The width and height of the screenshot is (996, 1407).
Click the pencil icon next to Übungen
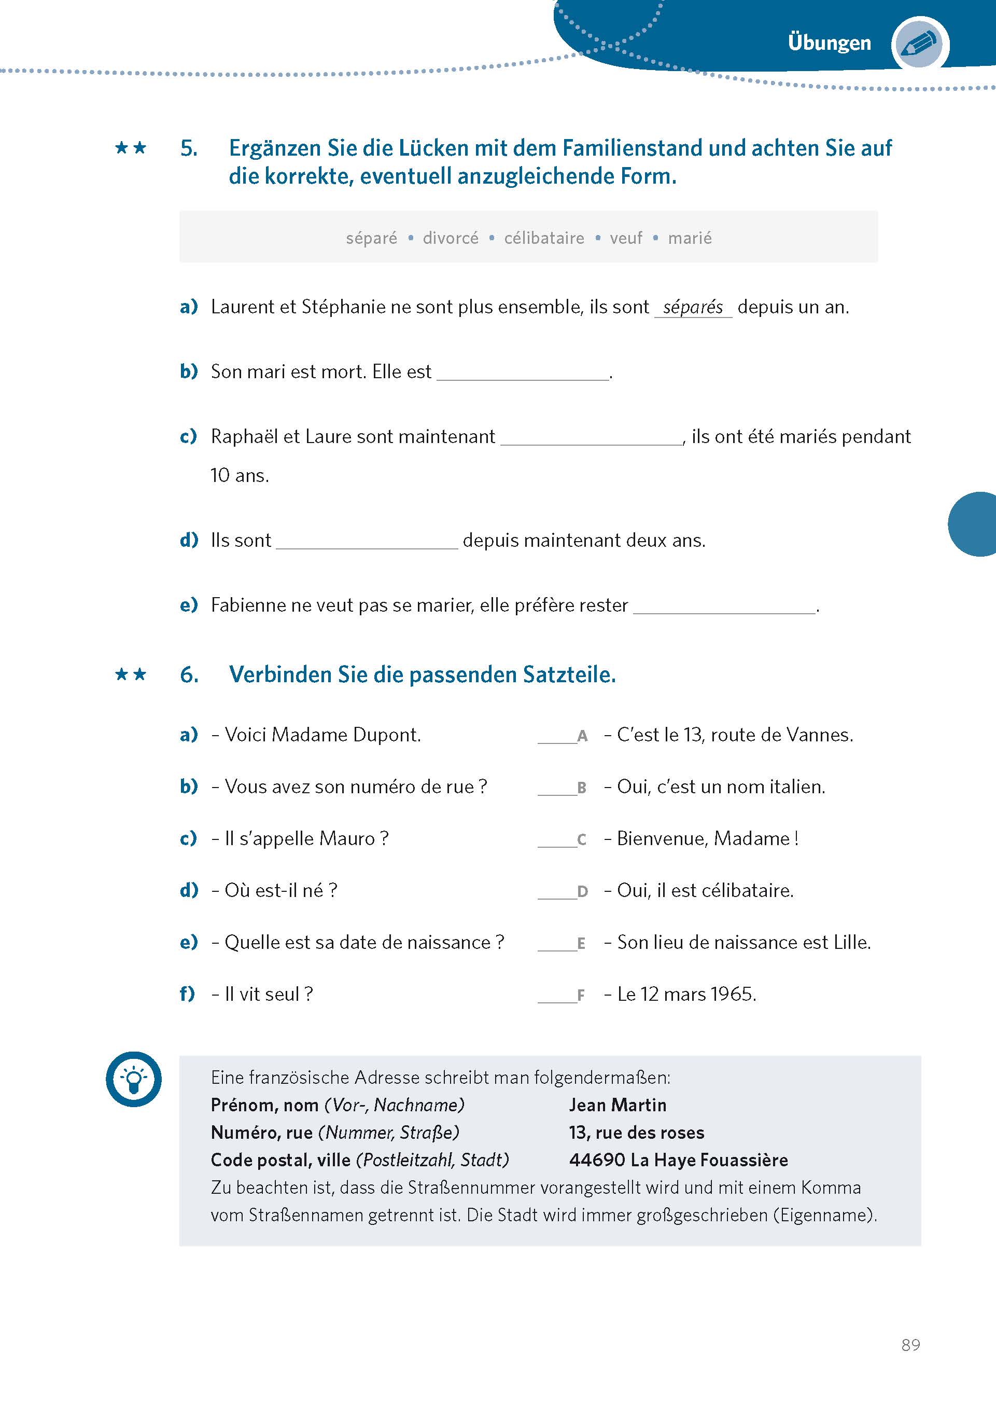(921, 44)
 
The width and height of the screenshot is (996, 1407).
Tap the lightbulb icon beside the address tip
(134, 1079)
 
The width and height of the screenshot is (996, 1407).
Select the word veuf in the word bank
(626, 238)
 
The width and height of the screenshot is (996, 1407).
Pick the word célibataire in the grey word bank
(544, 238)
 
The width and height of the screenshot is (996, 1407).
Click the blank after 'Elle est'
(523, 373)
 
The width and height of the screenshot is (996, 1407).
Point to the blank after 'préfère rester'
(724, 606)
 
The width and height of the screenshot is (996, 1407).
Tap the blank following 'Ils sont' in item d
(367, 542)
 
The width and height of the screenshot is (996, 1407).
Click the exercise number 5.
(189, 148)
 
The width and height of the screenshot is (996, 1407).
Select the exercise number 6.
(189, 675)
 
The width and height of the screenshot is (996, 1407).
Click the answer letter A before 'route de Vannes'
(582, 736)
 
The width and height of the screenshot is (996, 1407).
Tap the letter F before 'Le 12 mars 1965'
(581, 995)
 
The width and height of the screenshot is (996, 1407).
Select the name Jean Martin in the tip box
(617, 1105)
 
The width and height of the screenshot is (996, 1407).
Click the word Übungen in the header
(829, 43)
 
